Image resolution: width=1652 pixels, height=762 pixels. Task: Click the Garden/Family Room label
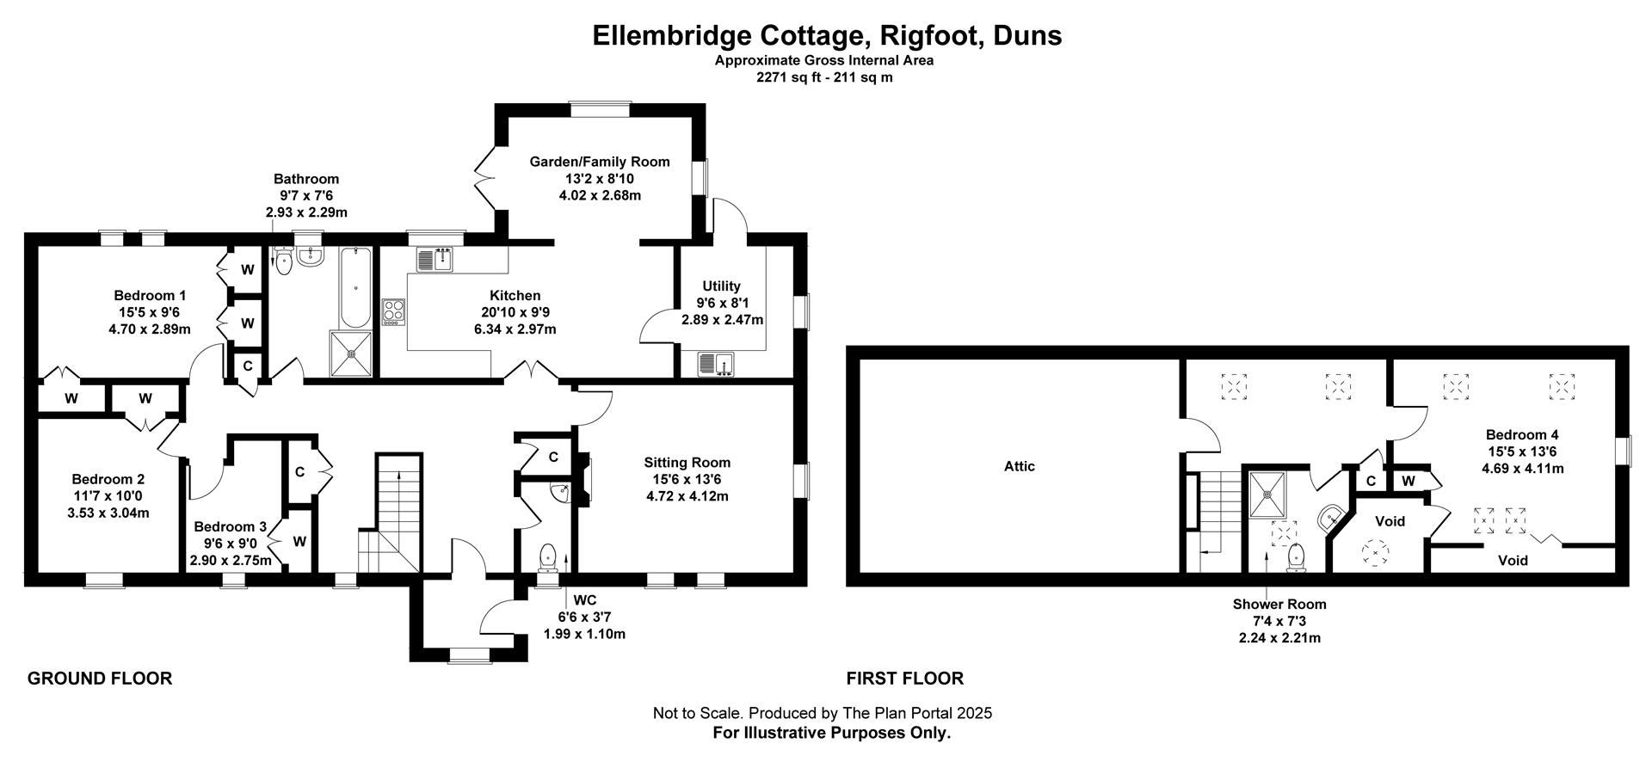click(x=599, y=162)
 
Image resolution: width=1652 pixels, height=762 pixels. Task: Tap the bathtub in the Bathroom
click(x=354, y=287)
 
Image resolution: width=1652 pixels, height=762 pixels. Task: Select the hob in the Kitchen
click(x=393, y=311)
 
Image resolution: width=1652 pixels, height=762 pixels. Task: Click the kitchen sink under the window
click(x=435, y=259)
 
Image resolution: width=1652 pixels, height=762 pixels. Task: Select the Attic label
click(x=1020, y=466)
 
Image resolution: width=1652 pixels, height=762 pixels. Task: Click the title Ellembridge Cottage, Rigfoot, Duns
click(x=827, y=35)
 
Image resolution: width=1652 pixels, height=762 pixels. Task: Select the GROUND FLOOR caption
click(x=100, y=679)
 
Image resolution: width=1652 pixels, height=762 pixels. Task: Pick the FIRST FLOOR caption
click(x=904, y=679)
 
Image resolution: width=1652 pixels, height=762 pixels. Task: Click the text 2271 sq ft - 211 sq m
click(x=824, y=77)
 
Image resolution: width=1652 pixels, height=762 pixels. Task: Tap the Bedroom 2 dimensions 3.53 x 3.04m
click(x=108, y=513)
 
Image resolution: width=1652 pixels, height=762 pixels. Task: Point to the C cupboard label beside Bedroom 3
click(x=299, y=472)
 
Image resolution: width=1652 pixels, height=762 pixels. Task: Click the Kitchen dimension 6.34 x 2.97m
click(x=515, y=329)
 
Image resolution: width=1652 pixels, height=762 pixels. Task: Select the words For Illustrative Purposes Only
click(x=831, y=733)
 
